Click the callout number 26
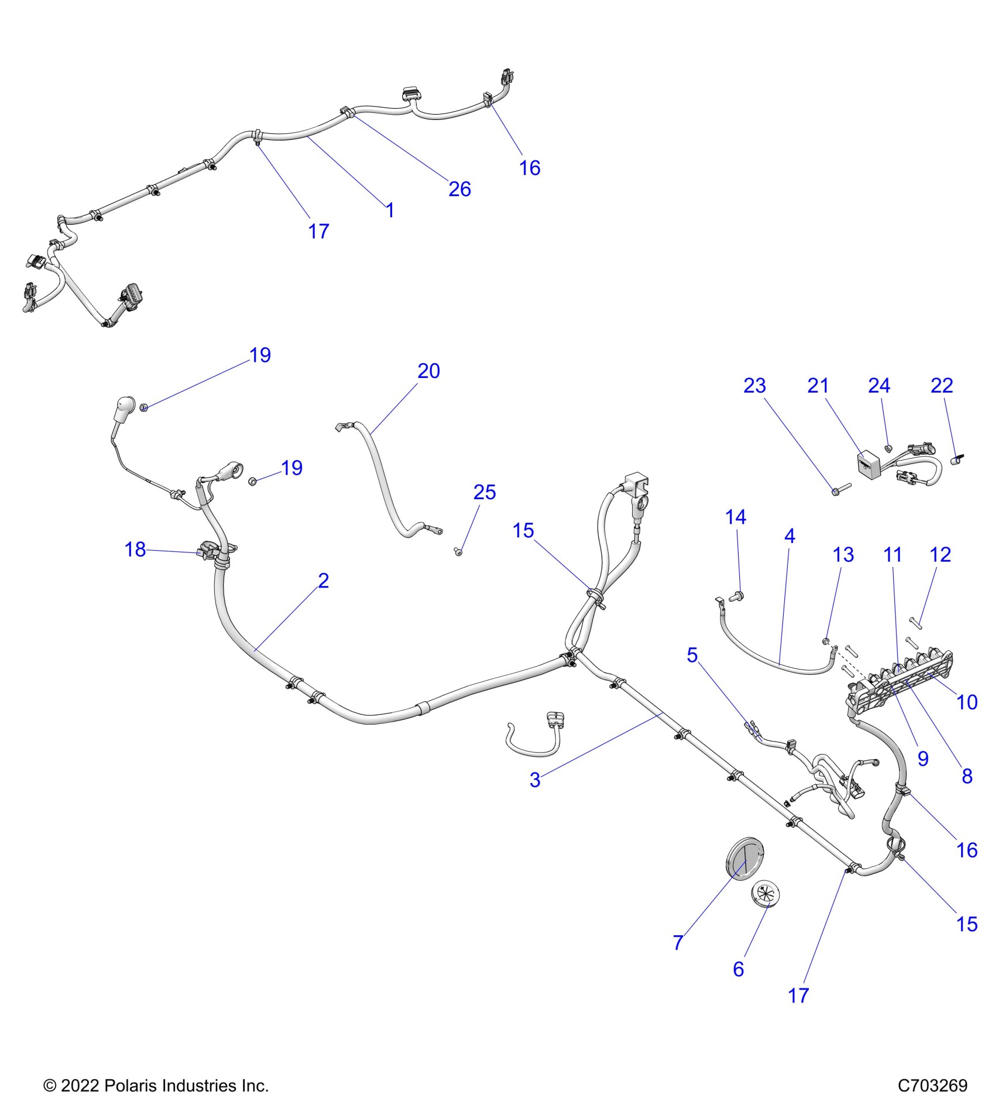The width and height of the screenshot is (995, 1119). tap(459, 189)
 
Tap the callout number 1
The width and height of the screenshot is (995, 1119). tap(390, 210)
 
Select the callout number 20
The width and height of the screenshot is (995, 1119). tap(428, 371)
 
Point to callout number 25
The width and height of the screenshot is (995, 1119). tap(485, 492)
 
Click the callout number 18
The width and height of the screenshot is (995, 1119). tap(135, 549)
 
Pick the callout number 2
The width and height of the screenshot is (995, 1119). tap(324, 581)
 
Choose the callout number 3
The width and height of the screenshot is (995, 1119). tap(535, 780)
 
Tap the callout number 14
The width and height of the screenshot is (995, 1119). tap(736, 517)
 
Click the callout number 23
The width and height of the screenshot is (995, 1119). tap(754, 386)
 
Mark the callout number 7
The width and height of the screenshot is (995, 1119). tap(678, 942)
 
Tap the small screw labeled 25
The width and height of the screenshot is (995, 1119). tap(458, 551)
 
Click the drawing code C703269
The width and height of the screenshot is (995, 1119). tap(932, 1086)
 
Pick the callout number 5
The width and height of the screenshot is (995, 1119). tap(692, 655)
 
